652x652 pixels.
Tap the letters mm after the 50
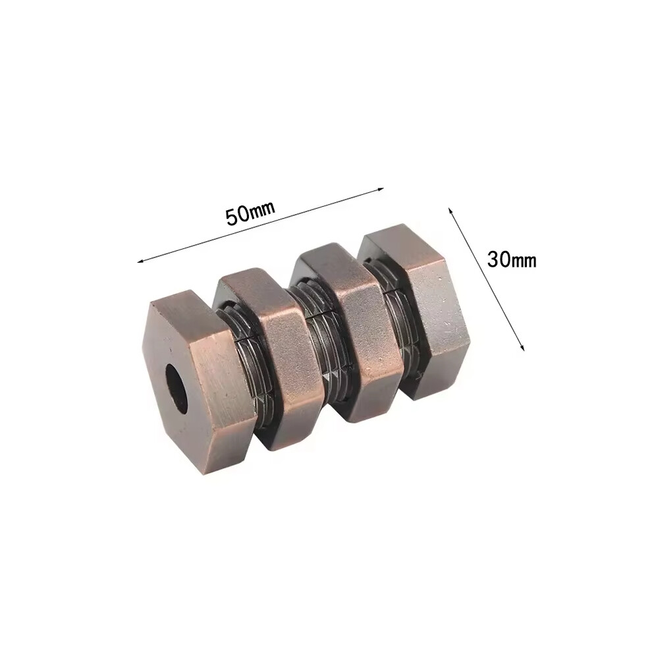tap(262, 208)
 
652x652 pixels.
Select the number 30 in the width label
tap(499, 260)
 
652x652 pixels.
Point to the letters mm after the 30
tap(524, 261)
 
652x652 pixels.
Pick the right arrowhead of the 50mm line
tap(379, 189)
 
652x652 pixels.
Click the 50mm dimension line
tap(260, 225)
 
